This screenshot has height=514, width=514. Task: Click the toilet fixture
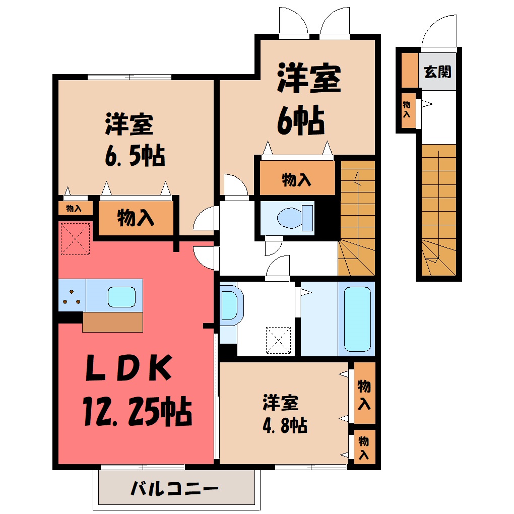coord(295,218)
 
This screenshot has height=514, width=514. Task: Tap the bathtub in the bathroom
coord(357,319)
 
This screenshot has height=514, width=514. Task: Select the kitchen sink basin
coord(121,297)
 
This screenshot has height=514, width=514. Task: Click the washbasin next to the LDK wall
coord(231,305)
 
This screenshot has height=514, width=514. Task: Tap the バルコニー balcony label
coord(174,489)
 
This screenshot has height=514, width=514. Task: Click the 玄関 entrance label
coord(437,72)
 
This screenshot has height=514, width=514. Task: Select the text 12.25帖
coord(137,411)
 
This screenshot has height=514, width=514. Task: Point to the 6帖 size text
coord(301,120)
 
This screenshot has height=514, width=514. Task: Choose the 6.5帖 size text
coord(135,155)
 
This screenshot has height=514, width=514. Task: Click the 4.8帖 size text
coord(285,426)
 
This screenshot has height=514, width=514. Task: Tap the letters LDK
coord(128,368)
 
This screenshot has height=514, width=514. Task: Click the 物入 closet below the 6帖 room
coord(297,178)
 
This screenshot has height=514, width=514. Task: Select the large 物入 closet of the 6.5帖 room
coord(136,218)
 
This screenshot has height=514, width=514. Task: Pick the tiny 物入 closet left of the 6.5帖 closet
coord(75,208)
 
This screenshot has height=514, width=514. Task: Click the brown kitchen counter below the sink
coord(112,322)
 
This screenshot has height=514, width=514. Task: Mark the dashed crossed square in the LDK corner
coord(76,239)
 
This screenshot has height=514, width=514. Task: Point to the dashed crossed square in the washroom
coord(278,340)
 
